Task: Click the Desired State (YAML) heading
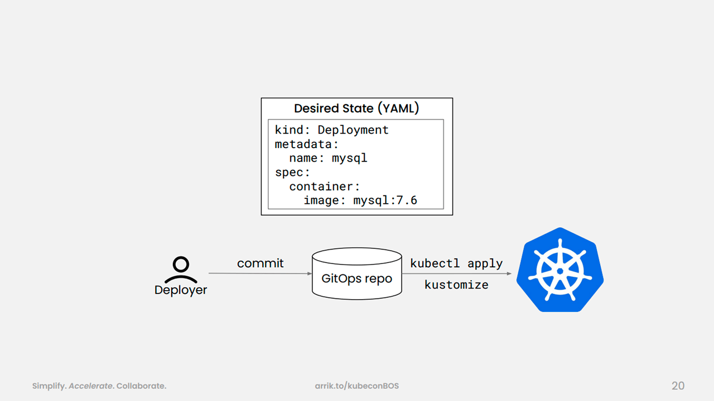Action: [356, 109]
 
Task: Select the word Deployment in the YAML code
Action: [353, 130]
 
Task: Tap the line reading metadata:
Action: [306, 144]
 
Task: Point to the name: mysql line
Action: [329, 158]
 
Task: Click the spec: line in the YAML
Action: [292, 173]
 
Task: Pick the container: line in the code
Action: [325, 187]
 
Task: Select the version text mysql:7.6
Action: [385, 200]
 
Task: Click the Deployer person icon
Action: [181, 269]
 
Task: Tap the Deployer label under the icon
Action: [181, 290]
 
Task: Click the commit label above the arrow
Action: [260, 263]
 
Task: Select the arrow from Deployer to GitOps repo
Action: [260, 273]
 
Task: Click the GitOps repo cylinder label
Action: [356, 278]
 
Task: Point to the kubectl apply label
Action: [456, 263]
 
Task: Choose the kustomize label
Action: [456, 285]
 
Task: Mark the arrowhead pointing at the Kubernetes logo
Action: [509, 273]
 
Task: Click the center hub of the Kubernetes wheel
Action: [560, 271]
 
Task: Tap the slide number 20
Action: [678, 386]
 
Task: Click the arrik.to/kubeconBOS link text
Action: [356, 386]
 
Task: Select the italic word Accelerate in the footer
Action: [91, 386]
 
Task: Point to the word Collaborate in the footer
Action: [141, 386]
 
